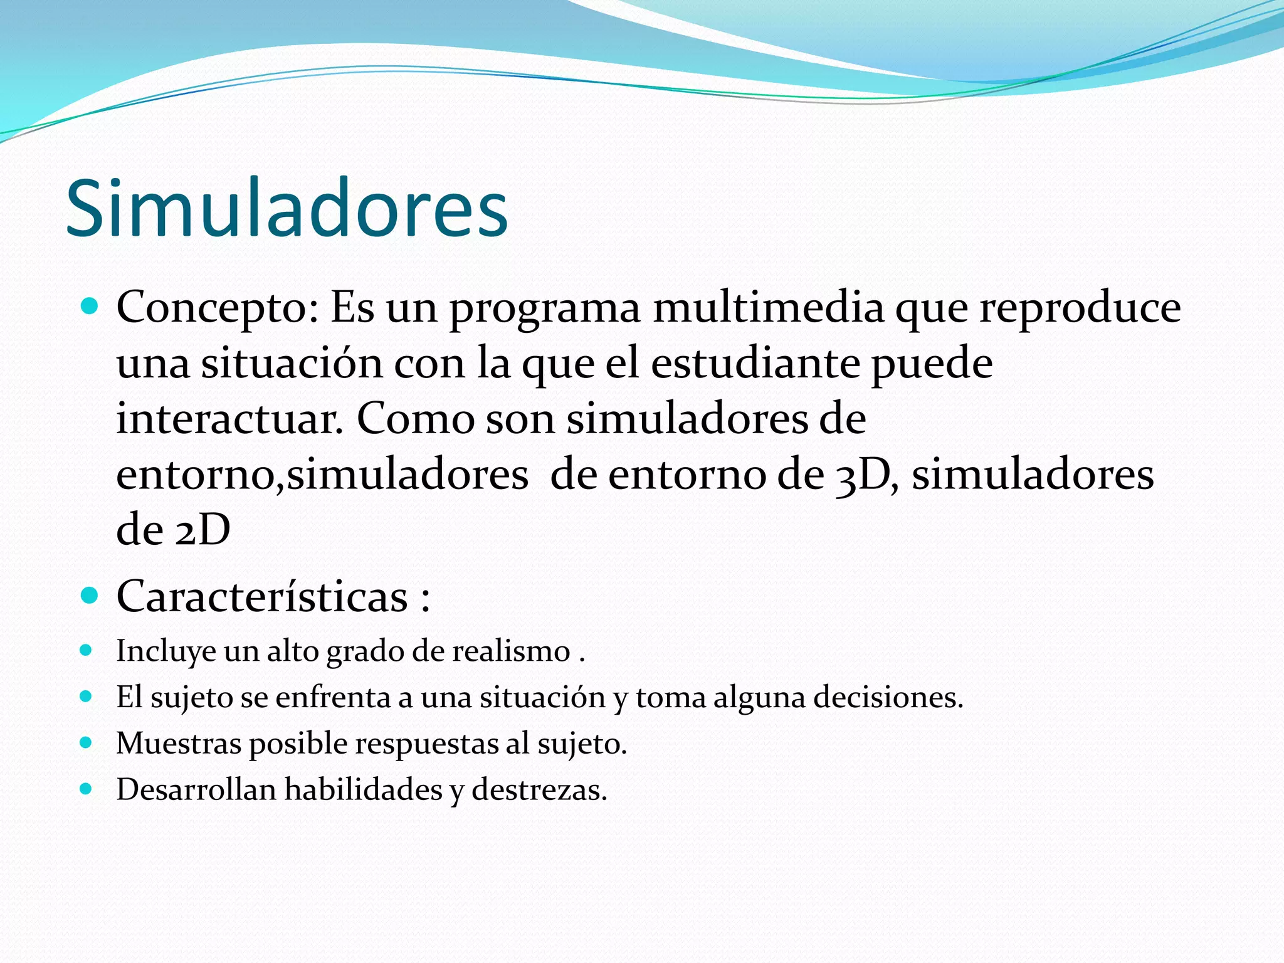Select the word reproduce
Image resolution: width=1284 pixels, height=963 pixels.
(1080, 308)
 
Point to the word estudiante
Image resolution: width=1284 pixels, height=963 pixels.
(755, 364)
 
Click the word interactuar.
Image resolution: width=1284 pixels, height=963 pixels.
(229, 419)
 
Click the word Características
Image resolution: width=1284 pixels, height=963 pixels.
(262, 596)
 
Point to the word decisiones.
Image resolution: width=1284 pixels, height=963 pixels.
(888, 697)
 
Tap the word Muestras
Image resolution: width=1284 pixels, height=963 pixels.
(179, 744)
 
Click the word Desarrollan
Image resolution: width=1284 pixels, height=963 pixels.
(196, 789)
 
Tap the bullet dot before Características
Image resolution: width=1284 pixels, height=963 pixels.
(90, 595)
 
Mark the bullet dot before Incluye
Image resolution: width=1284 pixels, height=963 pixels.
(87, 650)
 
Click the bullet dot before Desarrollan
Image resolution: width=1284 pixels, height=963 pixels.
(87, 789)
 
